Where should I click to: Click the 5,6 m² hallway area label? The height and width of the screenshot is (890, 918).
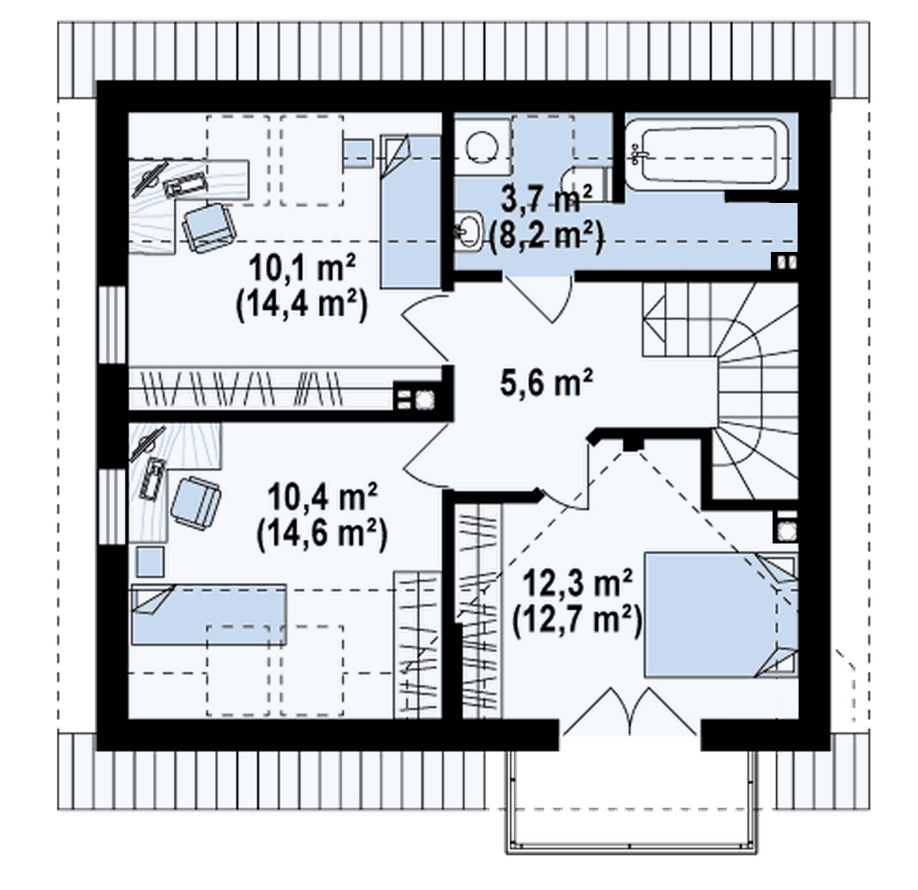(546, 384)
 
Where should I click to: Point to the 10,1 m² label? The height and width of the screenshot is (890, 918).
(302, 269)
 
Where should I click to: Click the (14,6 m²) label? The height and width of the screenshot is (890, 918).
(322, 534)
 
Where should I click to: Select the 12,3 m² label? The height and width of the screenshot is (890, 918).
(577, 583)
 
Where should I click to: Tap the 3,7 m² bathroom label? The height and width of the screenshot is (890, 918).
(547, 199)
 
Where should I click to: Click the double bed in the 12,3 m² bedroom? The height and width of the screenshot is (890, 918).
(721, 615)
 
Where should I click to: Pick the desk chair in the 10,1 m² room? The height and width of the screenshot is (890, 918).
(208, 227)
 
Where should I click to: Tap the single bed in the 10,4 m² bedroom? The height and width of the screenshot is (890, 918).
(209, 614)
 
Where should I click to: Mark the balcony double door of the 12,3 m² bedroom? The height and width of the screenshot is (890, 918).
(630, 710)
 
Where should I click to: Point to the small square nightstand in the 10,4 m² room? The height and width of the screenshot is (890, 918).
(151, 562)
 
